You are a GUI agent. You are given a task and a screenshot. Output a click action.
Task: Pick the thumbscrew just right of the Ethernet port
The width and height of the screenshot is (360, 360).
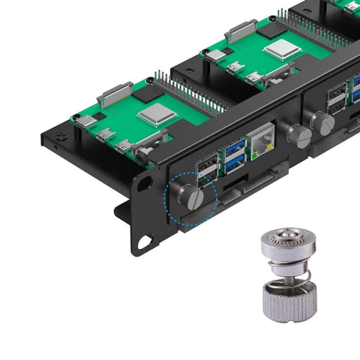(300, 136)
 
